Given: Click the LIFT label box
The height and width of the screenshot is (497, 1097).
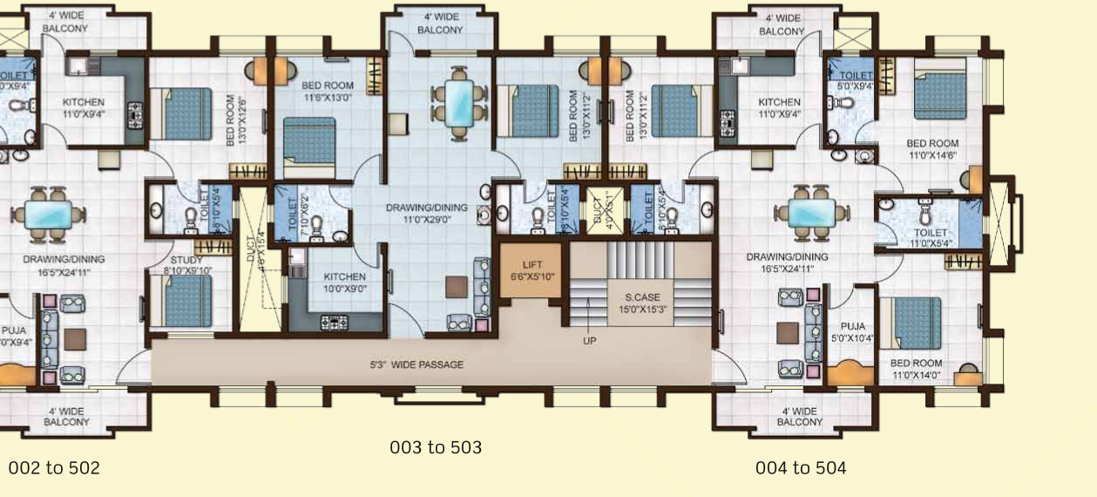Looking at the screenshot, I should (x=532, y=270).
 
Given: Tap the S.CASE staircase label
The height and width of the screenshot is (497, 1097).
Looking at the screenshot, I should (x=640, y=303).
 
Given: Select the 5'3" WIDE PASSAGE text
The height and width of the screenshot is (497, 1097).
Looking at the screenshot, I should (x=416, y=364).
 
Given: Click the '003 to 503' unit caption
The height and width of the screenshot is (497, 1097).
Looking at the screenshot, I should (x=435, y=447).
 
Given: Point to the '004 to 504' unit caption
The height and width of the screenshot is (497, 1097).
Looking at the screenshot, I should (x=800, y=468).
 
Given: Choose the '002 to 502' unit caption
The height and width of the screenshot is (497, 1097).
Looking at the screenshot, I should (x=54, y=468).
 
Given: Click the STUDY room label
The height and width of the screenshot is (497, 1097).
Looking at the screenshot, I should (x=186, y=264).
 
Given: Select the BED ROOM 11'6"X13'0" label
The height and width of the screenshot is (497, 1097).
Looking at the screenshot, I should (x=328, y=92).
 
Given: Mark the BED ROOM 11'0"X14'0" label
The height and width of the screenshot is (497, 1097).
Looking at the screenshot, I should (x=916, y=369).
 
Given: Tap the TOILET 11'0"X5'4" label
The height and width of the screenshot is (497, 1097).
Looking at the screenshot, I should (x=930, y=238).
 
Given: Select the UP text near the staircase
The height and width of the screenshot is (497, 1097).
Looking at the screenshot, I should (x=590, y=341).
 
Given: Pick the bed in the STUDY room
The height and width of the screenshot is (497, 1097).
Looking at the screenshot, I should (x=188, y=301).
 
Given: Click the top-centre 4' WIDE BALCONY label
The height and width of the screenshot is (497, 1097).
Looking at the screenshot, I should (x=441, y=24).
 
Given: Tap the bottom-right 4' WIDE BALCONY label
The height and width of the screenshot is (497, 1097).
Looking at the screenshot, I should (x=799, y=416).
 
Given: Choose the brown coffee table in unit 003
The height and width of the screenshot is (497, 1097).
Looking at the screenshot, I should (x=456, y=286).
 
